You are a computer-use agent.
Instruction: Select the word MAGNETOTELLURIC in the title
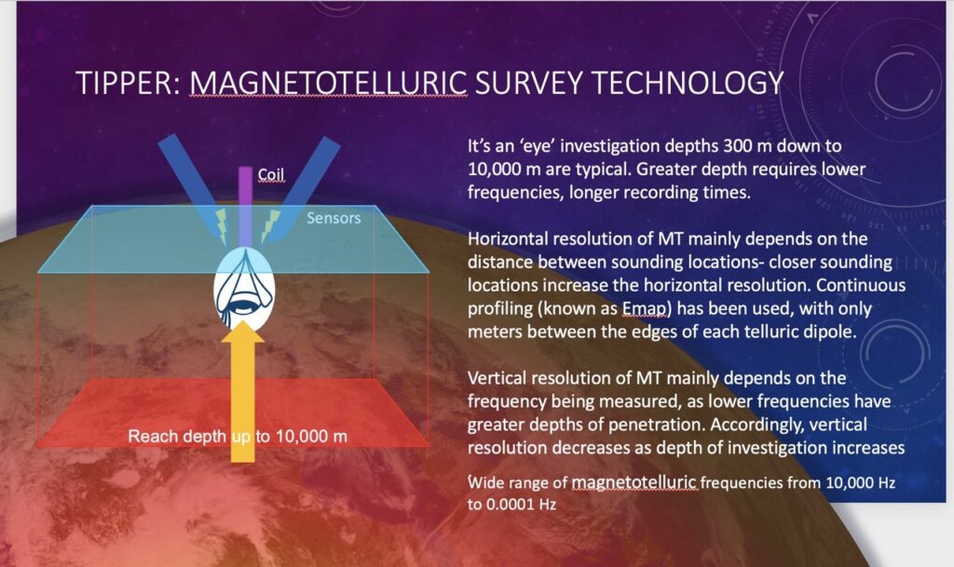coord(329,83)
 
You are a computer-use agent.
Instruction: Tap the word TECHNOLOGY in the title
coord(688,83)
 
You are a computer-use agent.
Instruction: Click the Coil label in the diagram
coord(271,175)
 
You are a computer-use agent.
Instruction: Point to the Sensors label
coord(334,218)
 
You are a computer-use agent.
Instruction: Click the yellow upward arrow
coord(243,391)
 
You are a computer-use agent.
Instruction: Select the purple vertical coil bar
coord(245,207)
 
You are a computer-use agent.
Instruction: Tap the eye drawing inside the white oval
coord(244,291)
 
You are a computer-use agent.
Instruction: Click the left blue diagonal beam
coord(195,186)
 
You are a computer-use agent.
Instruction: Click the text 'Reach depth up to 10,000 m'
coord(238,437)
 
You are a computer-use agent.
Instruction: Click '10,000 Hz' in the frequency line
coord(860,483)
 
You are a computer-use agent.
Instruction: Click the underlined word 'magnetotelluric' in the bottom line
coord(634,483)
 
